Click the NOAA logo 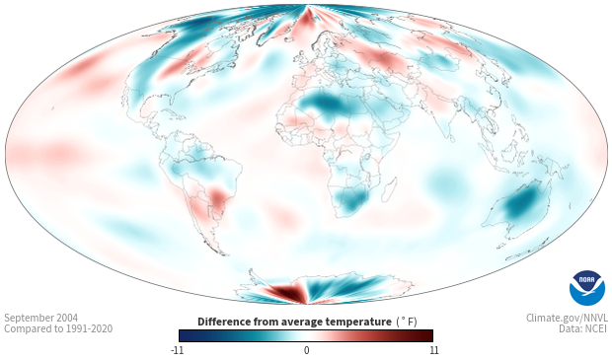coord(587,287)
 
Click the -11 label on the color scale coord(177,350)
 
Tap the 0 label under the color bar coord(306,350)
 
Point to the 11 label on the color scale coord(433,350)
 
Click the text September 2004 coord(41,318)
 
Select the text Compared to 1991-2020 coord(58,328)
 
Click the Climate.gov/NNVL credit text coord(567,318)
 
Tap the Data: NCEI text coord(582,328)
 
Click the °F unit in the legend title coord(407,322)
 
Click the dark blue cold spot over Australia coord(519,204)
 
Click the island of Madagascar coord(389,189)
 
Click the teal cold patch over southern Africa coord(352,198)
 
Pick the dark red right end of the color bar coord(426,335)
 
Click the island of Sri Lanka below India coord(451,138)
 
